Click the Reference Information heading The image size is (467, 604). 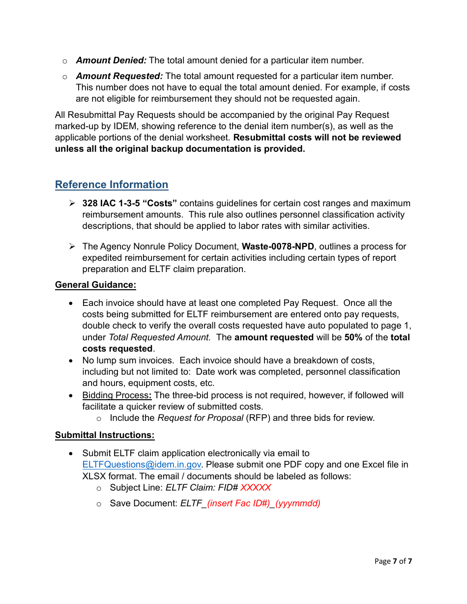point(112,185)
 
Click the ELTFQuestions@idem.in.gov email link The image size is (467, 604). point(142,465)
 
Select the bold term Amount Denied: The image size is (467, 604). point(111,60)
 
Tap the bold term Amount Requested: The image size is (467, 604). point(119,76)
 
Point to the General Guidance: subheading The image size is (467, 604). point(95,285)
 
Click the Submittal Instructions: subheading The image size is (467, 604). point(105,435)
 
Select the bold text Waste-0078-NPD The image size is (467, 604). point(278,247)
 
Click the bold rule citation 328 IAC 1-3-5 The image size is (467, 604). point(111,203)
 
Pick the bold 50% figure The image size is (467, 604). point(353,337)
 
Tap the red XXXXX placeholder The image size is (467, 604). point(256,488)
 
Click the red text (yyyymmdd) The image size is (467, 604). point(297,503)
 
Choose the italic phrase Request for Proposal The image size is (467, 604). point(200,418)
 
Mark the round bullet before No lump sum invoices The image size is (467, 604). point(72,360)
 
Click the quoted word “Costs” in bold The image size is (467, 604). point(160,203)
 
